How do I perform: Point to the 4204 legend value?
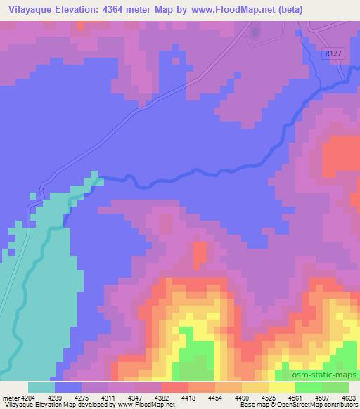point(28,398)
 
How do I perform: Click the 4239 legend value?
point(55,398)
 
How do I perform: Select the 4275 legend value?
point(82,398)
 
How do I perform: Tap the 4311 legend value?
point(108,398)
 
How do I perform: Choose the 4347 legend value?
point(135,398)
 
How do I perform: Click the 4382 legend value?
point(162,398)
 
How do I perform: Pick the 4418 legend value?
point(188,398)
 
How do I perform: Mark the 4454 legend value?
point(216,398)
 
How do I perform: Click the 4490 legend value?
point(243,398)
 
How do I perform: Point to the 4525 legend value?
point(269,398)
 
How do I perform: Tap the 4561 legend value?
point(295,398)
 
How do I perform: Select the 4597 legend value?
point(322,398)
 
